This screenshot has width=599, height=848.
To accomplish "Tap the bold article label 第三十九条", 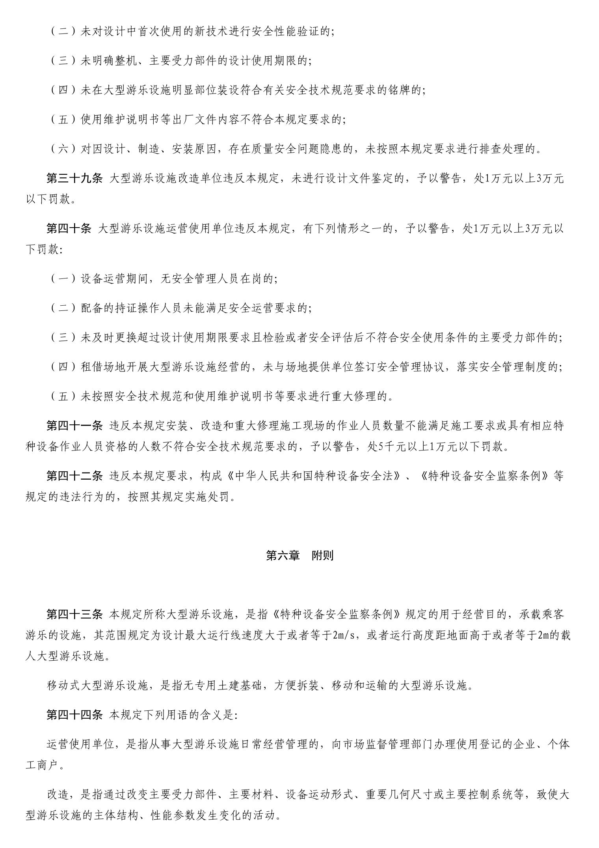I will click(x=74, y=179).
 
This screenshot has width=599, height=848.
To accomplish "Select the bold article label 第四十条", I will click(x=69, y=229).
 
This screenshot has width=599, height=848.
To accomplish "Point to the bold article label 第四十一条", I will click(x=74, y=426).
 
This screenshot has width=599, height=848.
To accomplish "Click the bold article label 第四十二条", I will click(x=74, y=476).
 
